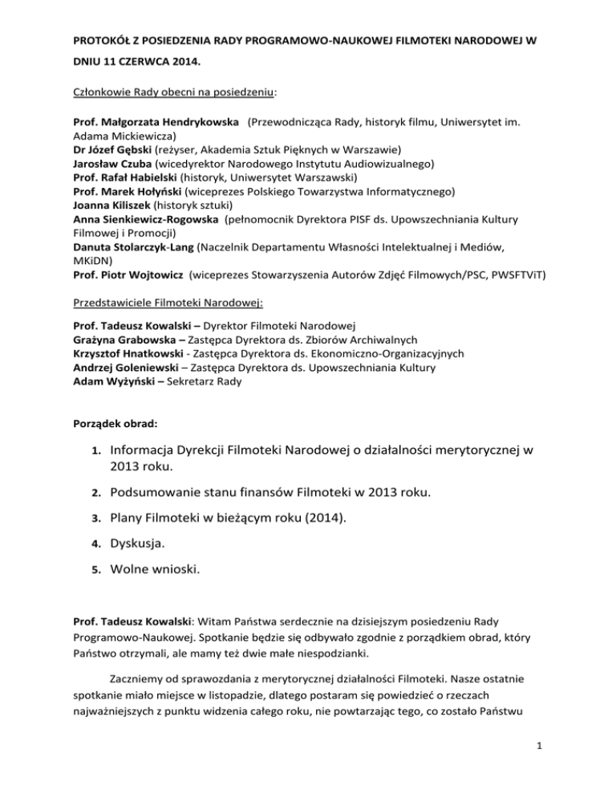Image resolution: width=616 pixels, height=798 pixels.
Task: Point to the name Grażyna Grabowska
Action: (124, 338)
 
